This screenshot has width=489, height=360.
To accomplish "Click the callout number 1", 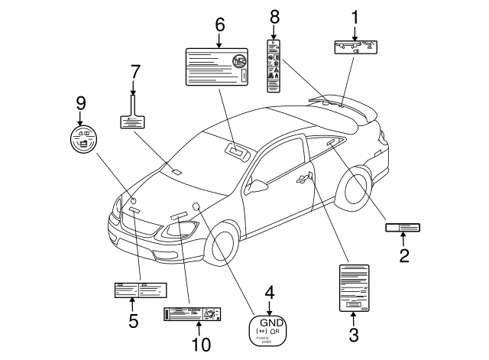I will click(x=355, y=15).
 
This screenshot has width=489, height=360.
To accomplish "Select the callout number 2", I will click(x=403, y=255).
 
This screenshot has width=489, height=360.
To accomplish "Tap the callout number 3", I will click(x=353, y=333).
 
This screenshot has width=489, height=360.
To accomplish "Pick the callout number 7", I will click(x=135, y=72).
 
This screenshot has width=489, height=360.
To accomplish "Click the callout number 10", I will click(x=200, y=345).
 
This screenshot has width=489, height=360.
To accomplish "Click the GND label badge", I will click(x=268, y=329).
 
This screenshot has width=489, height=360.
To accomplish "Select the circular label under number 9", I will click(x=81, y=138).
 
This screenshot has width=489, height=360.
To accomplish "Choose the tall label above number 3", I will click(x=354, y=288).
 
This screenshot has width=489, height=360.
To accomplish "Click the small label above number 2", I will click(x=403, y=227).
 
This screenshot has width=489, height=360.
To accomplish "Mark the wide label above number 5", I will click(x=140, y=290).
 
